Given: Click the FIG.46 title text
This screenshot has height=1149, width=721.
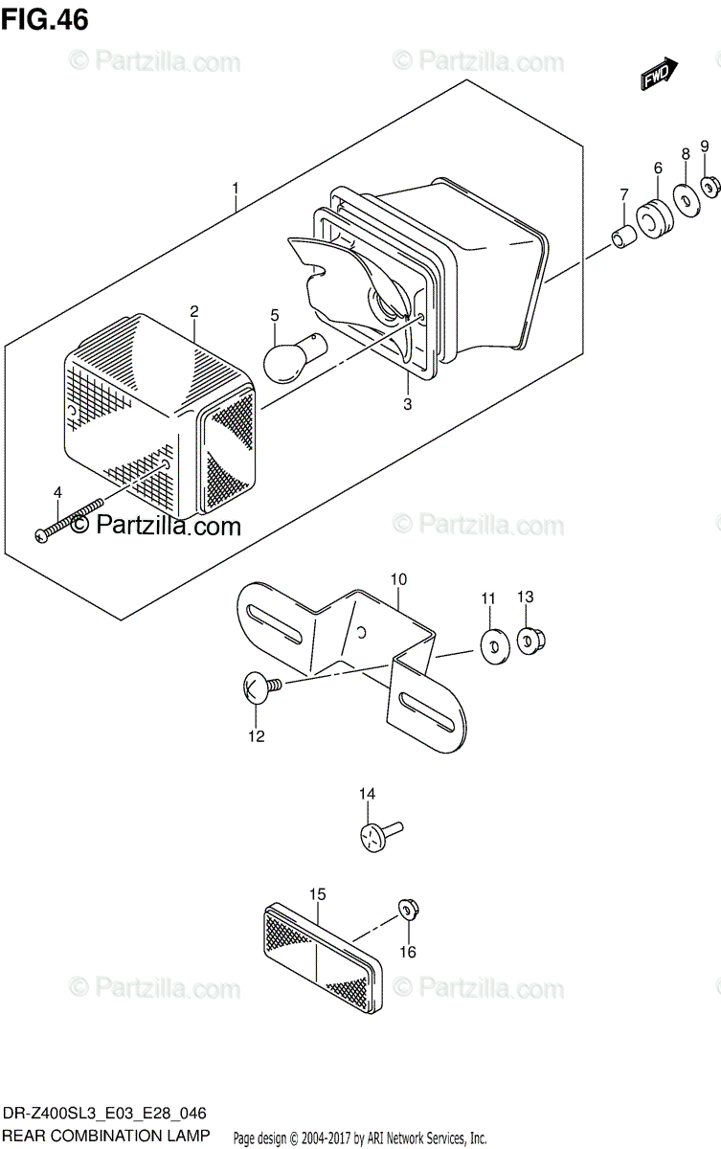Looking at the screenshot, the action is click(45, 20).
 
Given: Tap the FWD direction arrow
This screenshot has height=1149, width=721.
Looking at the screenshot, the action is click(660, 76).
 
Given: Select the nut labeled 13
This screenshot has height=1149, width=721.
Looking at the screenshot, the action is click(529, 640).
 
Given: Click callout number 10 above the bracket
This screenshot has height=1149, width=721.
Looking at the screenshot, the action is click(398, 579).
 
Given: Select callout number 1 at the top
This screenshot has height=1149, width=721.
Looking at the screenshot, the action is click(236, 190).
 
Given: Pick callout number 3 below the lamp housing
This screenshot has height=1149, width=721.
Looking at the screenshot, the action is click(407, 404).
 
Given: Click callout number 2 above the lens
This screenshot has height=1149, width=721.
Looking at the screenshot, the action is click(193, 311).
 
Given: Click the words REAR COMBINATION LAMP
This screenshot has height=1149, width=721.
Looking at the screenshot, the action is click(105, 1136).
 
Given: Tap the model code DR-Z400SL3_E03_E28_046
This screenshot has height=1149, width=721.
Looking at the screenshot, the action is click(104, 1115).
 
